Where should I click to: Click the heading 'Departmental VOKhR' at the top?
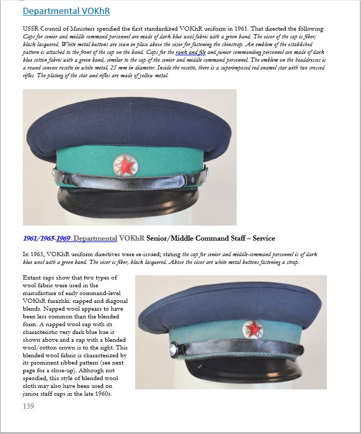click(66, 11)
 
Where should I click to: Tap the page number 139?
click(28, 406)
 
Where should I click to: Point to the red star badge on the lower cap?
click(253, 328)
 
